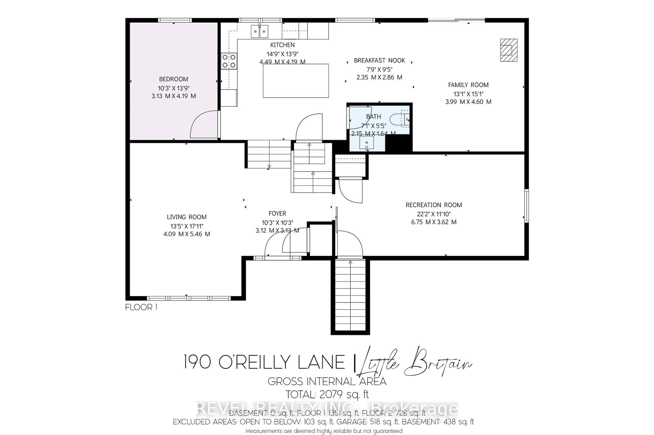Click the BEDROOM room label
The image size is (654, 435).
point(173,79)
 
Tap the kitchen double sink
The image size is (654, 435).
point(260,31)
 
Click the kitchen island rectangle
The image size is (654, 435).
point(296,81)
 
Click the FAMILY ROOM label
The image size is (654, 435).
point(468,85)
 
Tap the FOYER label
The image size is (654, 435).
point(277,213)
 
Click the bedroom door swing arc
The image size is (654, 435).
point(203,124)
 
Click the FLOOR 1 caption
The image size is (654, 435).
point(141,307)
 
